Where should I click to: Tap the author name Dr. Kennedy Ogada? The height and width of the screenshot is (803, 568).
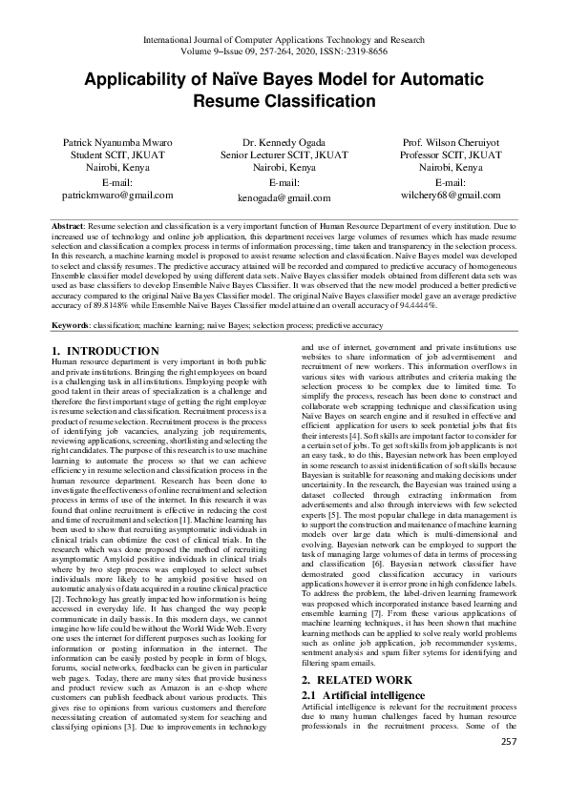tap(284, 141)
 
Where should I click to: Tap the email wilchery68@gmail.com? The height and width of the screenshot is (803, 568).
tap(451, 194)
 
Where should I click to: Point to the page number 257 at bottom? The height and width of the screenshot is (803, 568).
tap(509, 741)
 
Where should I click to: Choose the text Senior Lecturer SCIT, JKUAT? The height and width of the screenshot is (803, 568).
tap(284, 154)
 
